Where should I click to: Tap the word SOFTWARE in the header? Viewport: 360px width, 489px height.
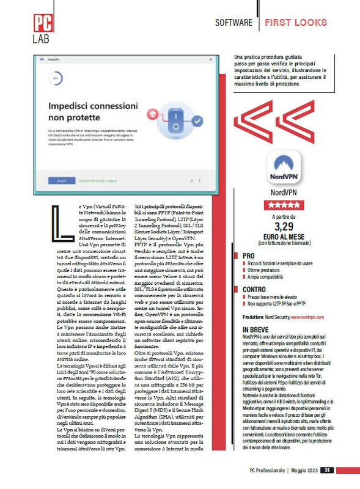[x=233, y=23]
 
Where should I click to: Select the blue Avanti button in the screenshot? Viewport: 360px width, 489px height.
[x=61, y=181]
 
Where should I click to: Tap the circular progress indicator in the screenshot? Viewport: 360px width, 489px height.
[x=56, y=78]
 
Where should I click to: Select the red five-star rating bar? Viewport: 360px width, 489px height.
[x=284, y=205]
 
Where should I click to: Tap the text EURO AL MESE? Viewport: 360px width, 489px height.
[x=284, y=240]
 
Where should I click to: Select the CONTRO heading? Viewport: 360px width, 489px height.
[x=254, y=290]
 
